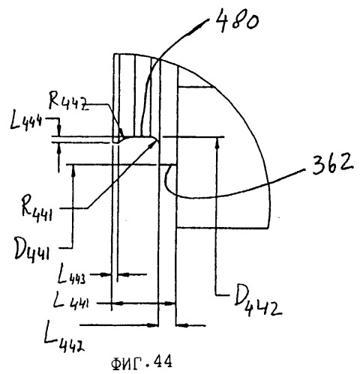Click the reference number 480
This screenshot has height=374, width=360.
coord(236,21)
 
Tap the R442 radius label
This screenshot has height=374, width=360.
coord(68,100)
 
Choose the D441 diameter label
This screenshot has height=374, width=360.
coord(31,250)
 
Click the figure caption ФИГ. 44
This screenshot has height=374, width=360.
coord(142,363)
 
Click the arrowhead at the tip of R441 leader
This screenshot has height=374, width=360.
coord(155,142)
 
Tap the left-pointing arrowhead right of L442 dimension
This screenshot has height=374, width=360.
coord(182,325)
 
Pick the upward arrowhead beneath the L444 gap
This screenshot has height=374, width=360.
coord(59,148)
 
